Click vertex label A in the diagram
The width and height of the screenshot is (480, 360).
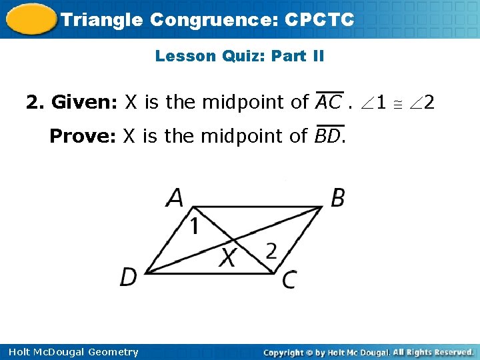tap(175, 198)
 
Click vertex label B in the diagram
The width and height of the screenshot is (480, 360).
tap(338, 198)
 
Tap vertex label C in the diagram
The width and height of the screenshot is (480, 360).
tap(289, 279)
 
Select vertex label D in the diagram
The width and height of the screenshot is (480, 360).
tap(129, 276)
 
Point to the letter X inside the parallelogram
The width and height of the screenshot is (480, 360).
tap(229, 256)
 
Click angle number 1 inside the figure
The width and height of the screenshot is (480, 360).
tap(193, 227)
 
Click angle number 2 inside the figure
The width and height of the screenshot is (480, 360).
tap(271, 251)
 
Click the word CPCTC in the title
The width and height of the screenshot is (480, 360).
tap(319, 19)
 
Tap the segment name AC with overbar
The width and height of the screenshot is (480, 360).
tap(328, 103)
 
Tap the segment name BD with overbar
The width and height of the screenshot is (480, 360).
tap(328, 136)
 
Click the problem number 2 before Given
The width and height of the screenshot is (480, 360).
tap(31, 103)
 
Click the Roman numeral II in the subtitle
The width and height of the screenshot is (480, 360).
tap(316, 56)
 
